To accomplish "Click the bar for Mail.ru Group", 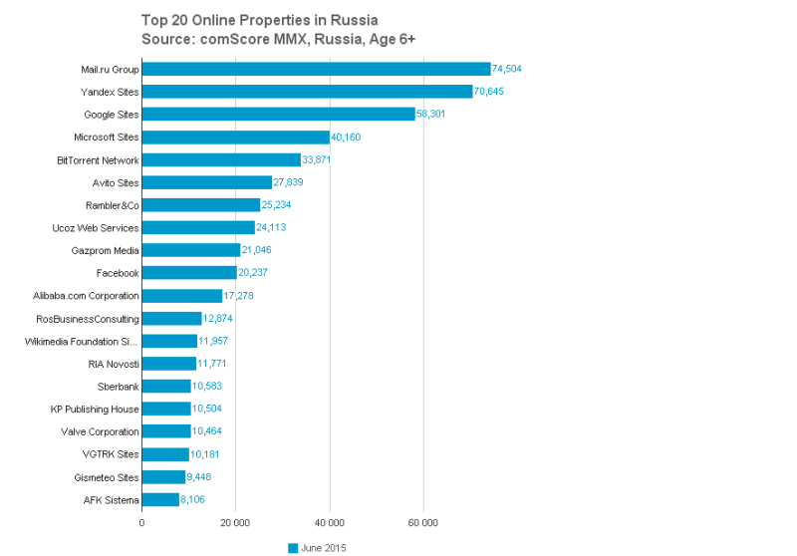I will [316, 69].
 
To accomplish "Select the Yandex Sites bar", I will [307, 92].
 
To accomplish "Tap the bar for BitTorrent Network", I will [221, 159].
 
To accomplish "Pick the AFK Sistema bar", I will [160, 499].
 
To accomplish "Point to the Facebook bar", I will [189, 273].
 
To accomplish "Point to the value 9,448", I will [203, 477].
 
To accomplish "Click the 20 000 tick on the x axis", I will [235, 522].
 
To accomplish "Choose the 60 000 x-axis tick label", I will [423, 522].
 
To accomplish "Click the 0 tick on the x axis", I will [141, 522].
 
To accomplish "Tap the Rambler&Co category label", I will [112, 205].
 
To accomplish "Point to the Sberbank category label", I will [117, 387].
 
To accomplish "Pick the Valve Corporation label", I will [101, 431].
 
